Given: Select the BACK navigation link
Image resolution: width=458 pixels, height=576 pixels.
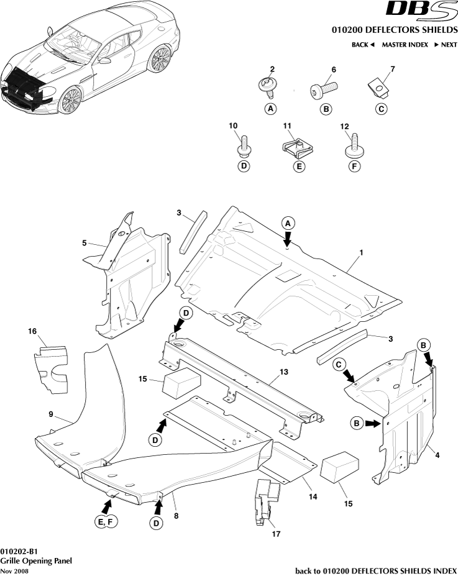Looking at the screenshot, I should coord(363,45).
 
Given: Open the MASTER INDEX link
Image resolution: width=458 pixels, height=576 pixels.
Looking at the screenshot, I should coord(405,45).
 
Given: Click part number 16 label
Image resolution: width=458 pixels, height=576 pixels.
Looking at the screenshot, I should coord(32,331).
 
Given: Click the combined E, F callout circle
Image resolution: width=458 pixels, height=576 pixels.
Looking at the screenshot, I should coord(105,523).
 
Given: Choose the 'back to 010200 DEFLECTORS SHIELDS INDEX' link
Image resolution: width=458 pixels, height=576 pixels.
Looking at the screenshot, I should coord(375,570).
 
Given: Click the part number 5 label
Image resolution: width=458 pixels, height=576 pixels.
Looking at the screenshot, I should coord(84,243).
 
